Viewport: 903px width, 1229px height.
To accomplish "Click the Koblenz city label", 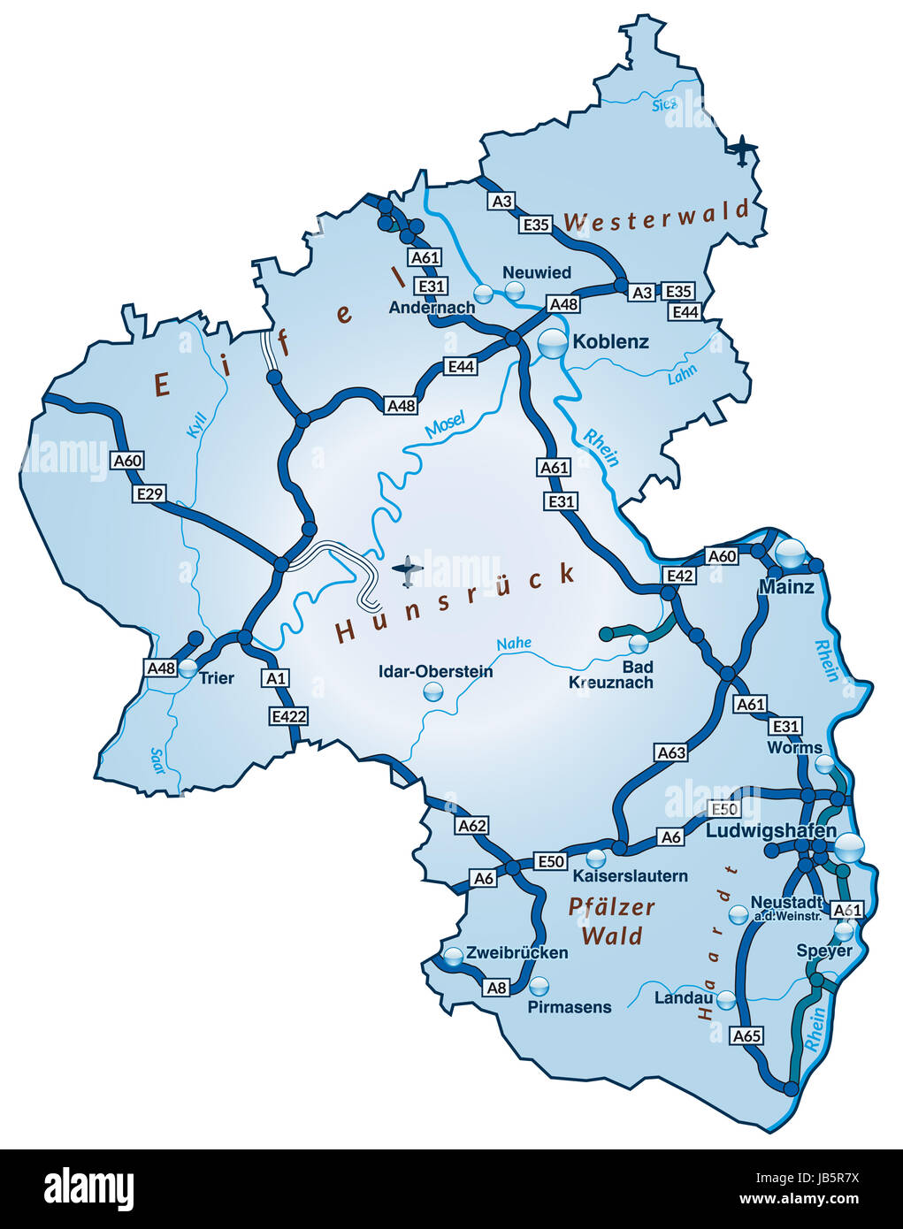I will [610, 341].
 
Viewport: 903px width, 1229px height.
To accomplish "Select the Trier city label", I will [217, 678].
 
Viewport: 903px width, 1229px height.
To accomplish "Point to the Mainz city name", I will [786, 586].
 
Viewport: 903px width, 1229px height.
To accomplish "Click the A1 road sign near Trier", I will [275, 678].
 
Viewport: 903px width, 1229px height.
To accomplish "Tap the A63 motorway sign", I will [671, 752].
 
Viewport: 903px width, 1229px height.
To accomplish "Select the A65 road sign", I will [746, 1035].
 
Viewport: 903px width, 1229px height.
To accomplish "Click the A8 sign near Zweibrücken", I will [497, 988].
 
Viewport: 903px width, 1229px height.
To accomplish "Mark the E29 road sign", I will [149, 493].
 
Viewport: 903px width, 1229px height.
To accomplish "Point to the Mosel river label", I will [444, 426].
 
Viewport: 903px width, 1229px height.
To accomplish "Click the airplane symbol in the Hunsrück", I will [407, 570].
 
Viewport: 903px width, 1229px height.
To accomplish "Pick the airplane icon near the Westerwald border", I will [744, 150].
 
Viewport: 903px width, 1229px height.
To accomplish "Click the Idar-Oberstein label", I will [435, 671].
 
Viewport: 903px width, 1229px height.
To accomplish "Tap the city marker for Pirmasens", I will [538, 985].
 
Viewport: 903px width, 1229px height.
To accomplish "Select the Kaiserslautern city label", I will [630, 876].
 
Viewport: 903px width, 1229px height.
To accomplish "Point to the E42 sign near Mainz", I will [678, 576].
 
